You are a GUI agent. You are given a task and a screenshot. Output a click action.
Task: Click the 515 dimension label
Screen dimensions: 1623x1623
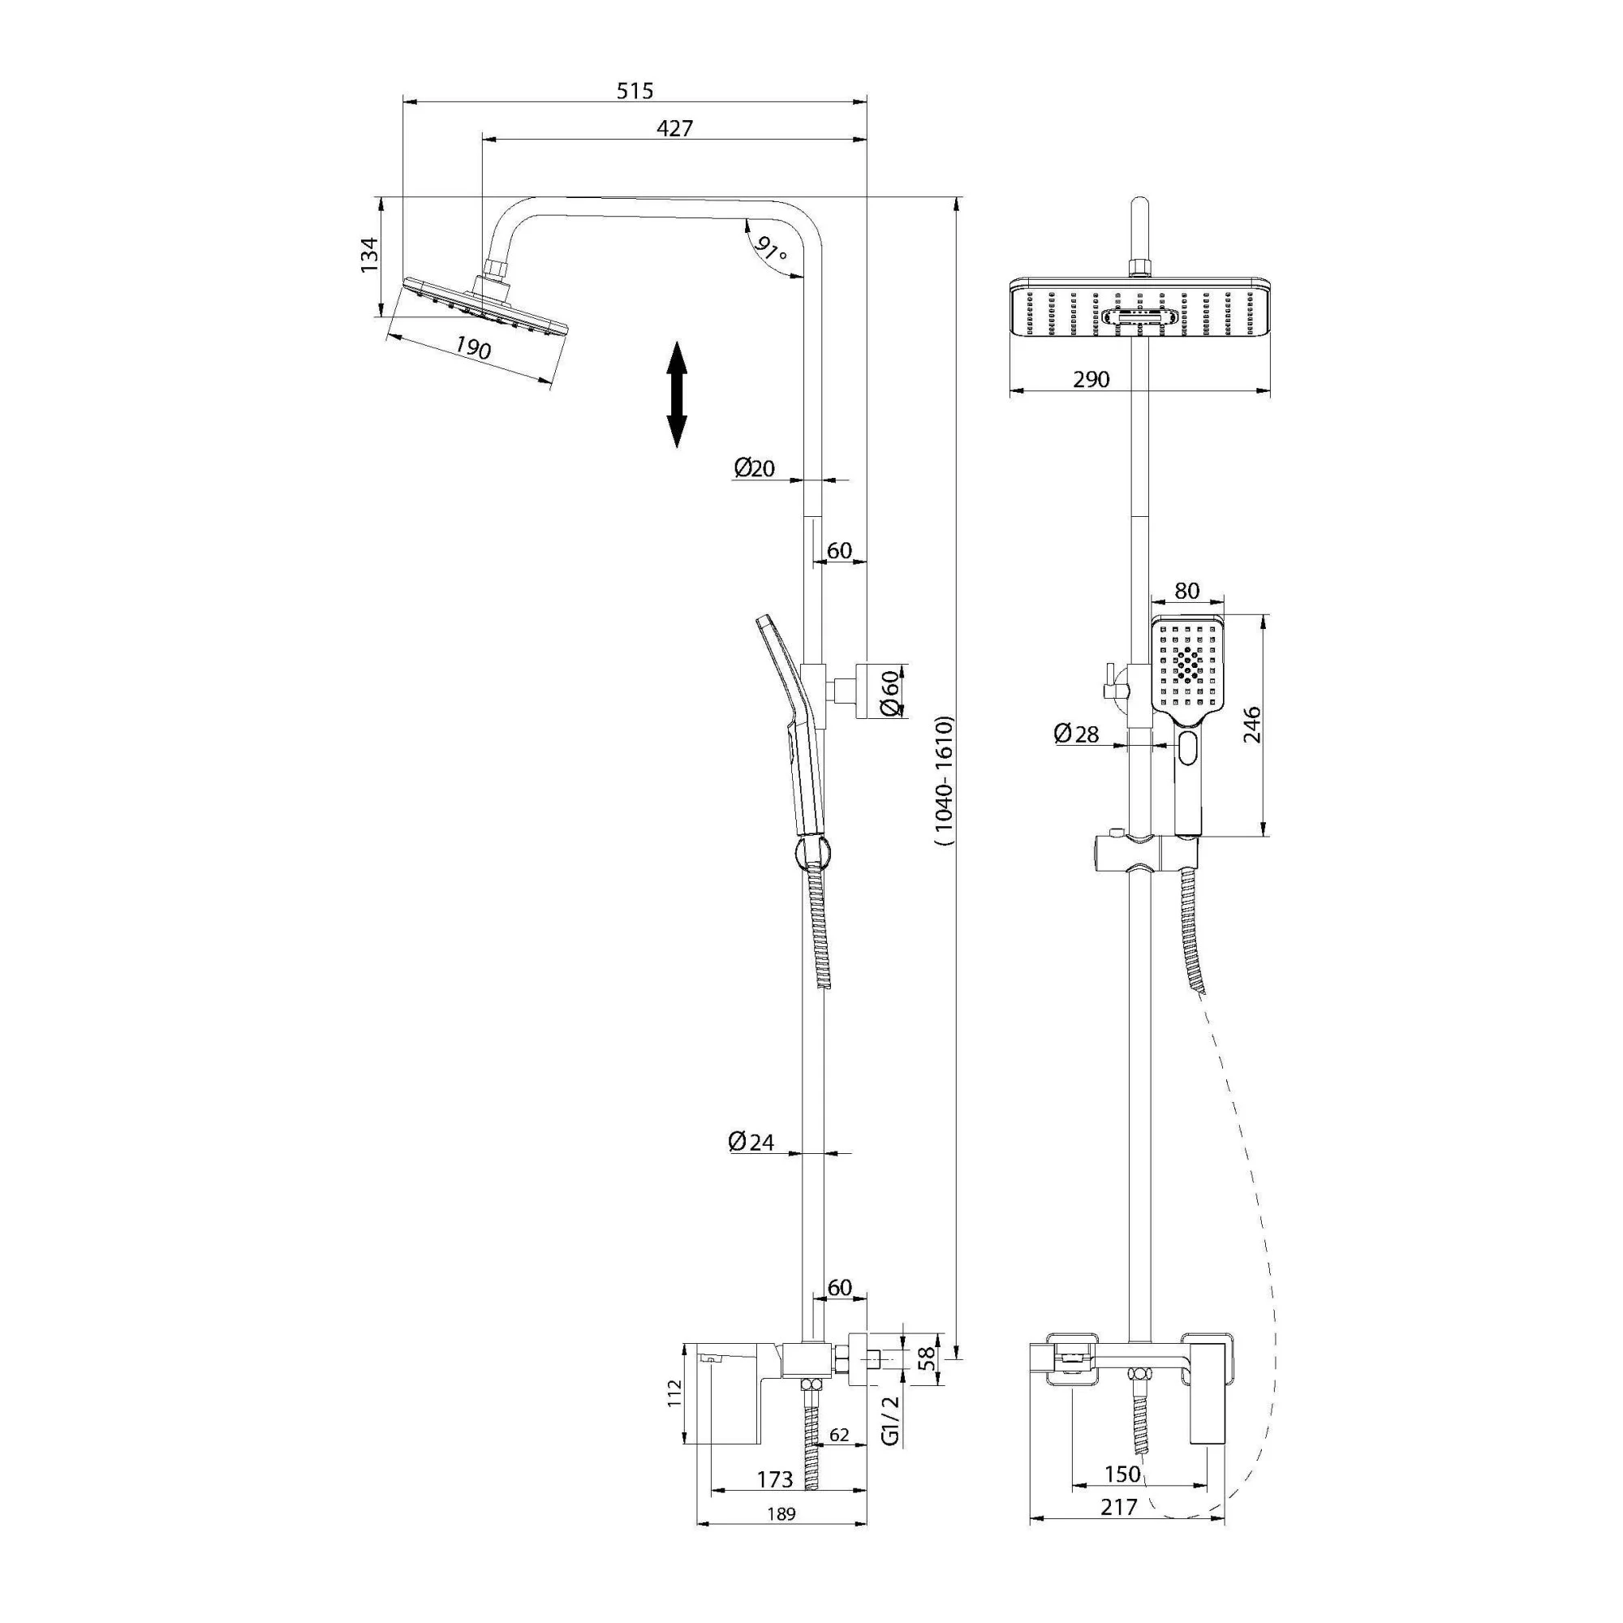[635, 91]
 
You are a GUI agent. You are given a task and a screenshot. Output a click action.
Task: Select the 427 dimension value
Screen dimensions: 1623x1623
[674, 128]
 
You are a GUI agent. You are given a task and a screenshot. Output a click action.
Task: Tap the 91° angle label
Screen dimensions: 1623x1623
[770, 249]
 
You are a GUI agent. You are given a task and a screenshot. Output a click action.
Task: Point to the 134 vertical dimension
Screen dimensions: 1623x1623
[368, 255]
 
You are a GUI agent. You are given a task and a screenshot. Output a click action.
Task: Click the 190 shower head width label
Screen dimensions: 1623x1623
[473, 347]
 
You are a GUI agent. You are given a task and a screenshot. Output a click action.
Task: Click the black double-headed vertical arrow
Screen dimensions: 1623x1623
[677, 394]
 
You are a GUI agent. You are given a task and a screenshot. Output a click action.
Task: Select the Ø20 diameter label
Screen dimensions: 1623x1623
[755, 469]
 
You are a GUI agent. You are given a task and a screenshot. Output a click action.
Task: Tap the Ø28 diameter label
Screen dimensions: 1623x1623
[1077, 734]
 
